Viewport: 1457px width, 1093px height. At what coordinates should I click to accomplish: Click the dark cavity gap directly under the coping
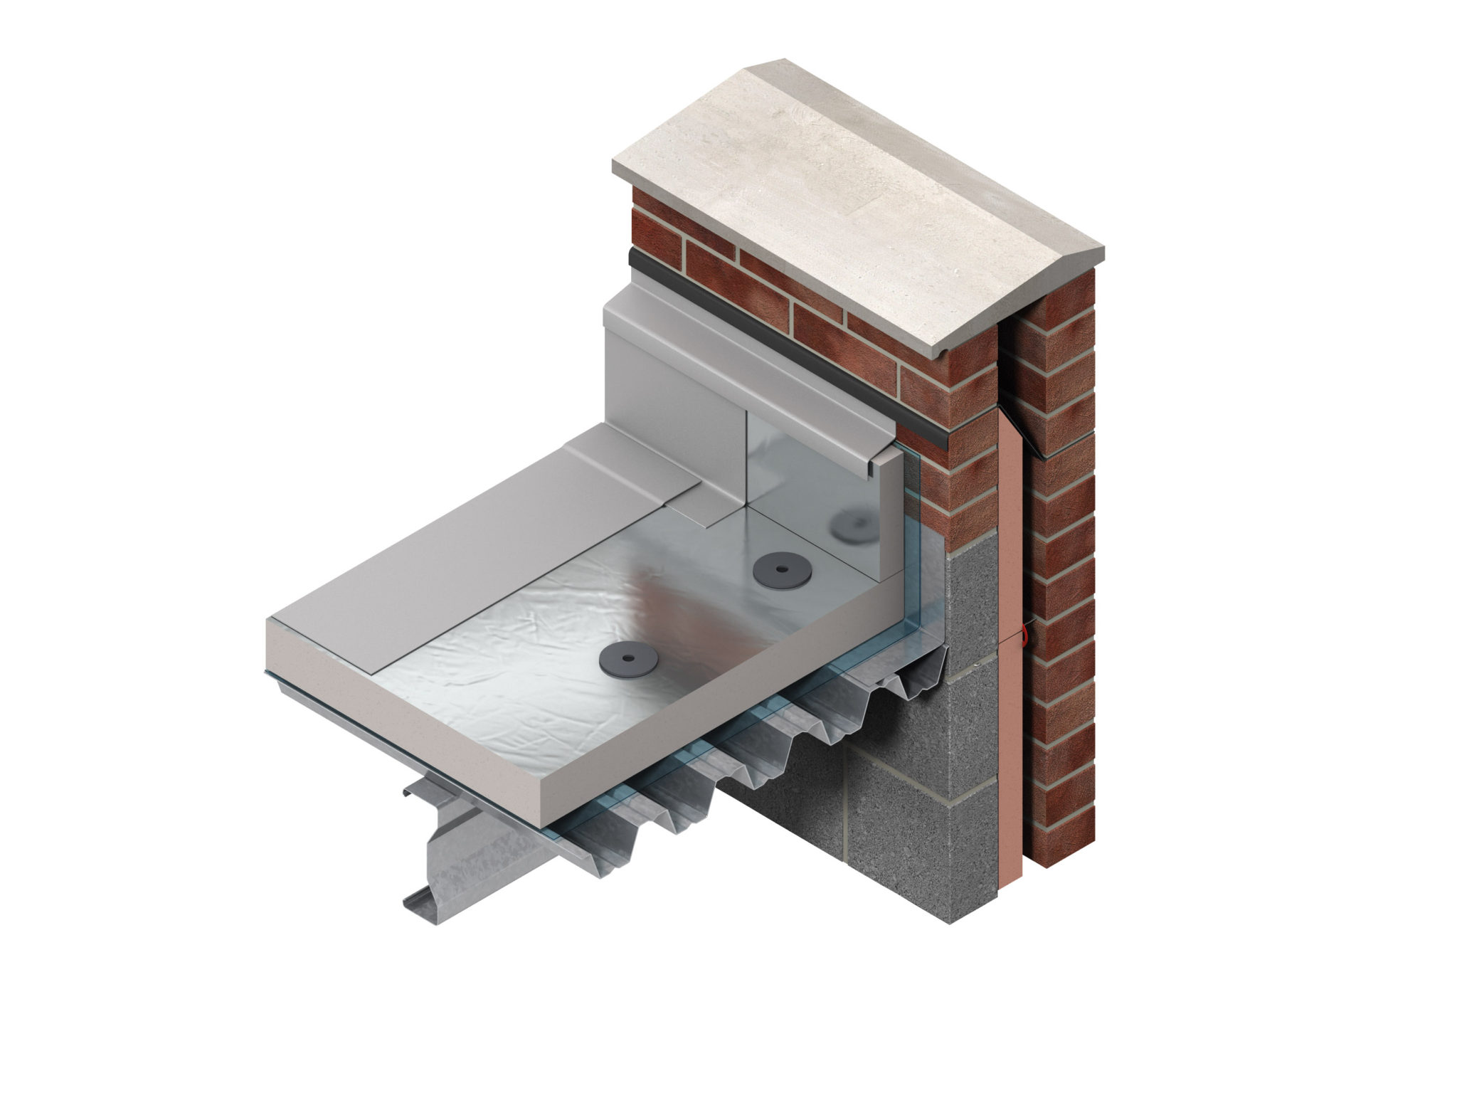click(1009, 370)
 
